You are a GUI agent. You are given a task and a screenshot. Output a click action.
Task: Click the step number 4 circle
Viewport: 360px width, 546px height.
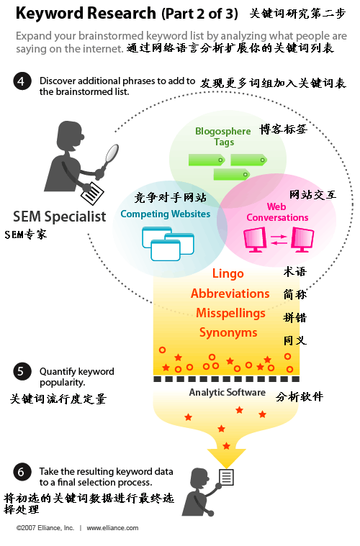(x=22, y=81)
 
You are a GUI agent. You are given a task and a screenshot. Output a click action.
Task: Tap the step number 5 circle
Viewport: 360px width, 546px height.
(x=22, y=371)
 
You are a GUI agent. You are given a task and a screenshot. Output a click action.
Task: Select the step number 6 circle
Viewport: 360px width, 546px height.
(x=22, y=472)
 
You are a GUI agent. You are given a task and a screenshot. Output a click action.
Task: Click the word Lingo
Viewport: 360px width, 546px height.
(x=228, y=273)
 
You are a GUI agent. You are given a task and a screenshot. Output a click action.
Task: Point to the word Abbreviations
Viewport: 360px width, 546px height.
(x=230, y=294)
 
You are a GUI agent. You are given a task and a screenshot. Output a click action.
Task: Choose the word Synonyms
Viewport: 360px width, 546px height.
(x=228, y=332)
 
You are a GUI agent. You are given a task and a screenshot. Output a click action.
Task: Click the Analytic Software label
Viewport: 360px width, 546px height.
(x=227, y=393)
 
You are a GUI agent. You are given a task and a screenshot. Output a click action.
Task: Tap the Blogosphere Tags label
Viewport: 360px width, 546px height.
(x=223, y=137)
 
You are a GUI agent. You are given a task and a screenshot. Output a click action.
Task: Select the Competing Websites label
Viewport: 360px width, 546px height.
(x=165, y=214)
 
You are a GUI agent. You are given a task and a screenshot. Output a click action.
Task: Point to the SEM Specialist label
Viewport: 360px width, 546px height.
(x=59, y=216)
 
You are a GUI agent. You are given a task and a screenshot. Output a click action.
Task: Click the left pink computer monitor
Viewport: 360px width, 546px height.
(x=256, y=238)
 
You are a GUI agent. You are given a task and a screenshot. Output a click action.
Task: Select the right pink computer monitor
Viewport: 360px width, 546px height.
(x=302, y=238)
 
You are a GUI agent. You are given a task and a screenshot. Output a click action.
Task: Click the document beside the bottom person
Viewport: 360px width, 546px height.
(x=227, y=476)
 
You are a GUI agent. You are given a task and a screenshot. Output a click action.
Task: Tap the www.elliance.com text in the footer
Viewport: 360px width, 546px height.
(x=112, y=528)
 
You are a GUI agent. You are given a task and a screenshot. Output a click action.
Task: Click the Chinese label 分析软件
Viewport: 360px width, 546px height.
(x=300, y=396)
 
